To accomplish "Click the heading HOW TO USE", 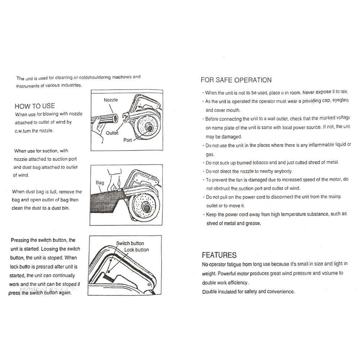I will [35, 106].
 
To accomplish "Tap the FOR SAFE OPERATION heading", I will [236, 80].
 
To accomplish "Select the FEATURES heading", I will [219, 255].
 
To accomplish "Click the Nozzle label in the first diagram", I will [111, 100].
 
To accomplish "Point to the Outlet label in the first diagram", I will [112, 133].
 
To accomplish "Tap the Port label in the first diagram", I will [128, 140].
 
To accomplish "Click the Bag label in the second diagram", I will [100, 183].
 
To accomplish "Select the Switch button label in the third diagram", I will [130, 243].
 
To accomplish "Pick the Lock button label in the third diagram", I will [136, 249].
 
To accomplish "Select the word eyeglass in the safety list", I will [340, 101].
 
